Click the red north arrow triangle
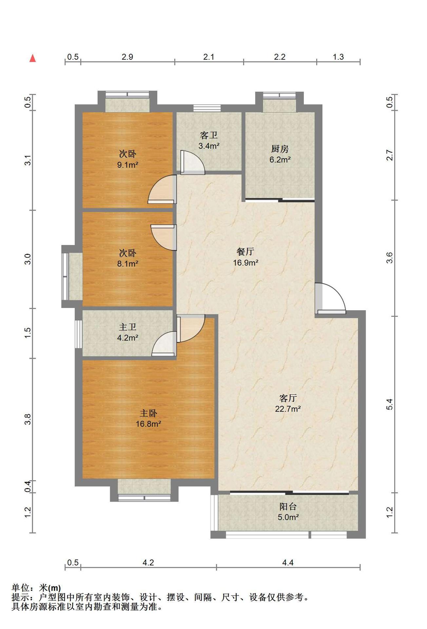point(32,58)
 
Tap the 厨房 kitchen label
point(280,149)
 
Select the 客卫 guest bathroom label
point(209,135)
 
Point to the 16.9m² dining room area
point(245,262)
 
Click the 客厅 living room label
point(288,398)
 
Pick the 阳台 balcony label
point(288,507)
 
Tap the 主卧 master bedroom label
point(148,413)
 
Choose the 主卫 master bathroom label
point(127,327)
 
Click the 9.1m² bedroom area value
point(127,164)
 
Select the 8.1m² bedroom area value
point(127,263)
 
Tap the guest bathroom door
point(193,162)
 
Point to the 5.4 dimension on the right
point(389,405)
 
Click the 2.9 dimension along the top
point(127,57)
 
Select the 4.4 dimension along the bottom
point(288,562)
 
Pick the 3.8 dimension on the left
point(28,419)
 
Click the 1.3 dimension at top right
point(338,57)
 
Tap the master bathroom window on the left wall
point(78,334)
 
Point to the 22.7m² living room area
point(288,409)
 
